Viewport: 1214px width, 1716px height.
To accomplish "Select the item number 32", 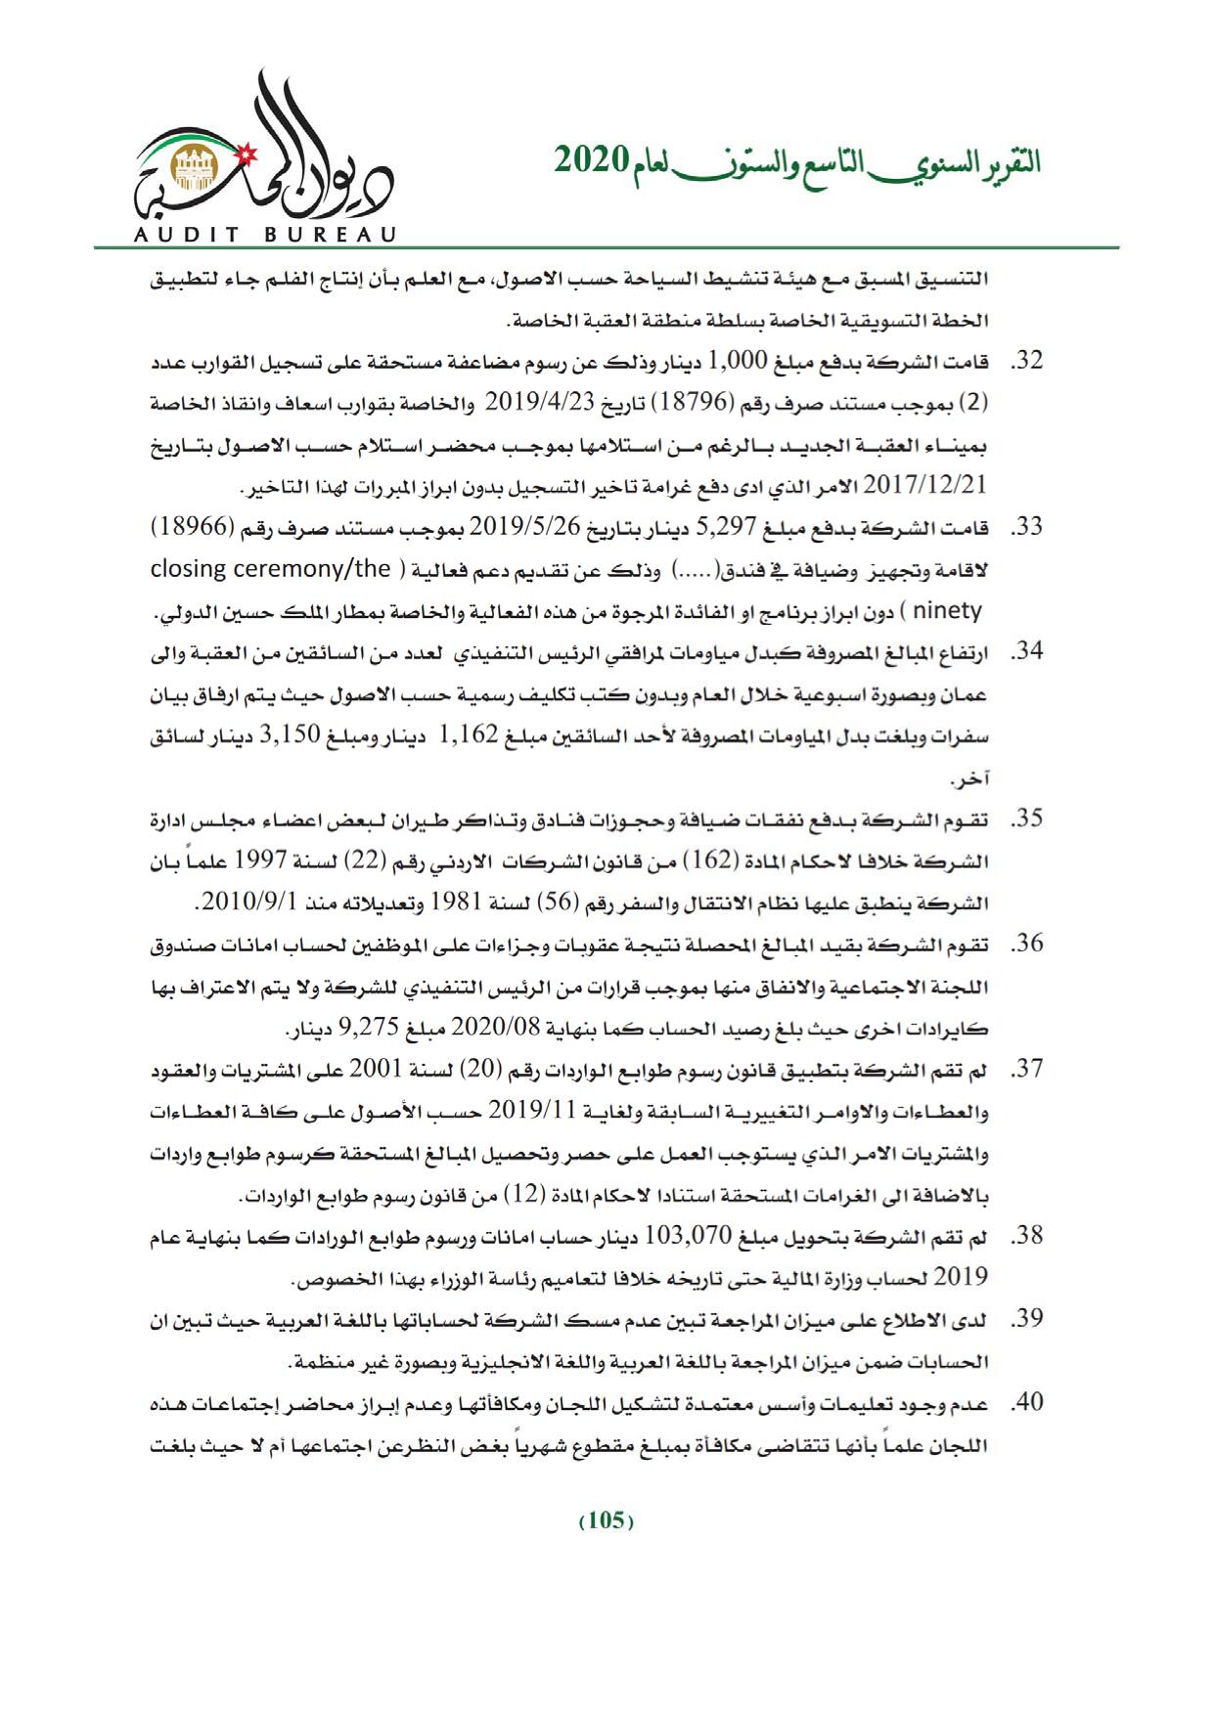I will pos(1026,361).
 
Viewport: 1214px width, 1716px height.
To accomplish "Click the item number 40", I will pos(1026,1403).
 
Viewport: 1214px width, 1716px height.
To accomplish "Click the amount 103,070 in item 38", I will pos(683,1236).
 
